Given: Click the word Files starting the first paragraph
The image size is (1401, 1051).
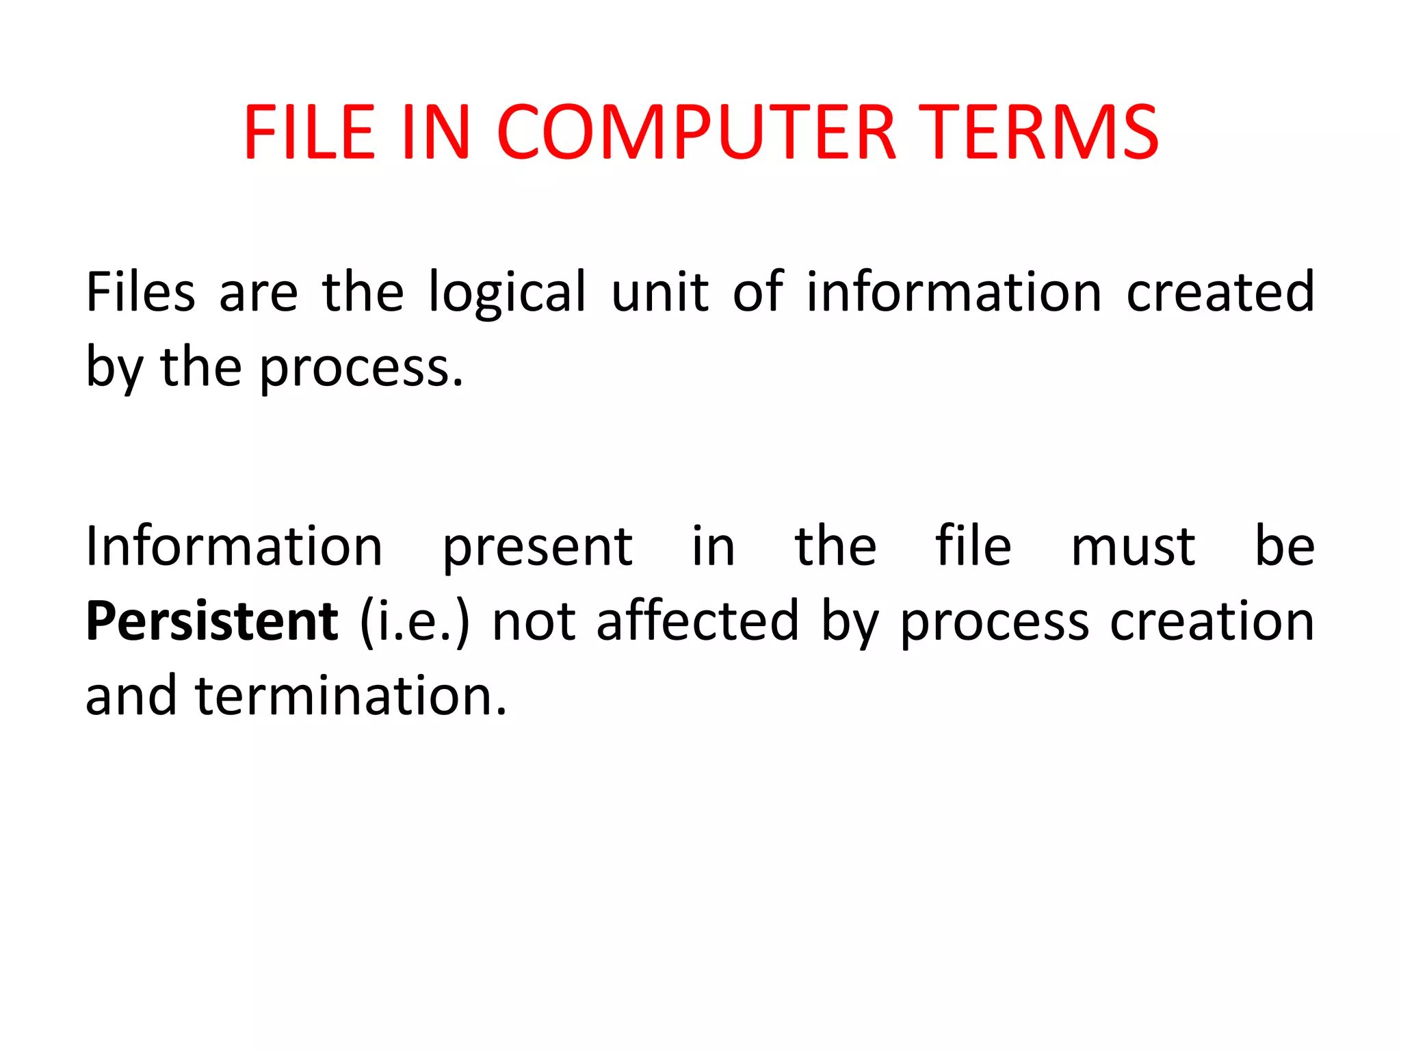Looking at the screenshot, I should (x=140, y=292).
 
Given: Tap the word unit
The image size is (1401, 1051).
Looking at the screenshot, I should (x=659, y=292).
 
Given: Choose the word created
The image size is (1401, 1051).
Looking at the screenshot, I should (x=1220, y=292).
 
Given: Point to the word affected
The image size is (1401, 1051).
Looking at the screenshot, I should (x=698, y=621).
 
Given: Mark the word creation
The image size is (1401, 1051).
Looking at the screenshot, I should (x=1212, y=621).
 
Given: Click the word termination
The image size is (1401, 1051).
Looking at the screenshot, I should (x=351, y=696).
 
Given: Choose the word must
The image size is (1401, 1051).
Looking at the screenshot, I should (x=1133, y=547).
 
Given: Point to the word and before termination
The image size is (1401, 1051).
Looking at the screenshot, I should (x=131, y=696).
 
